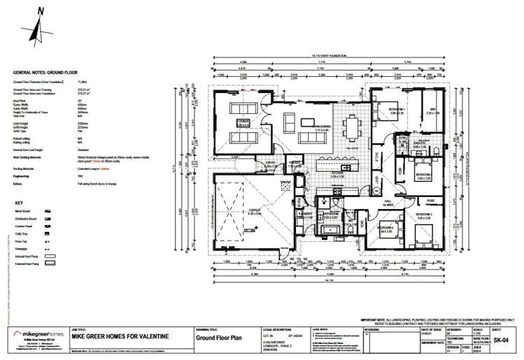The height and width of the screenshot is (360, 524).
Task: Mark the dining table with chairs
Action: pyautogui.click(x=350, y=127)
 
